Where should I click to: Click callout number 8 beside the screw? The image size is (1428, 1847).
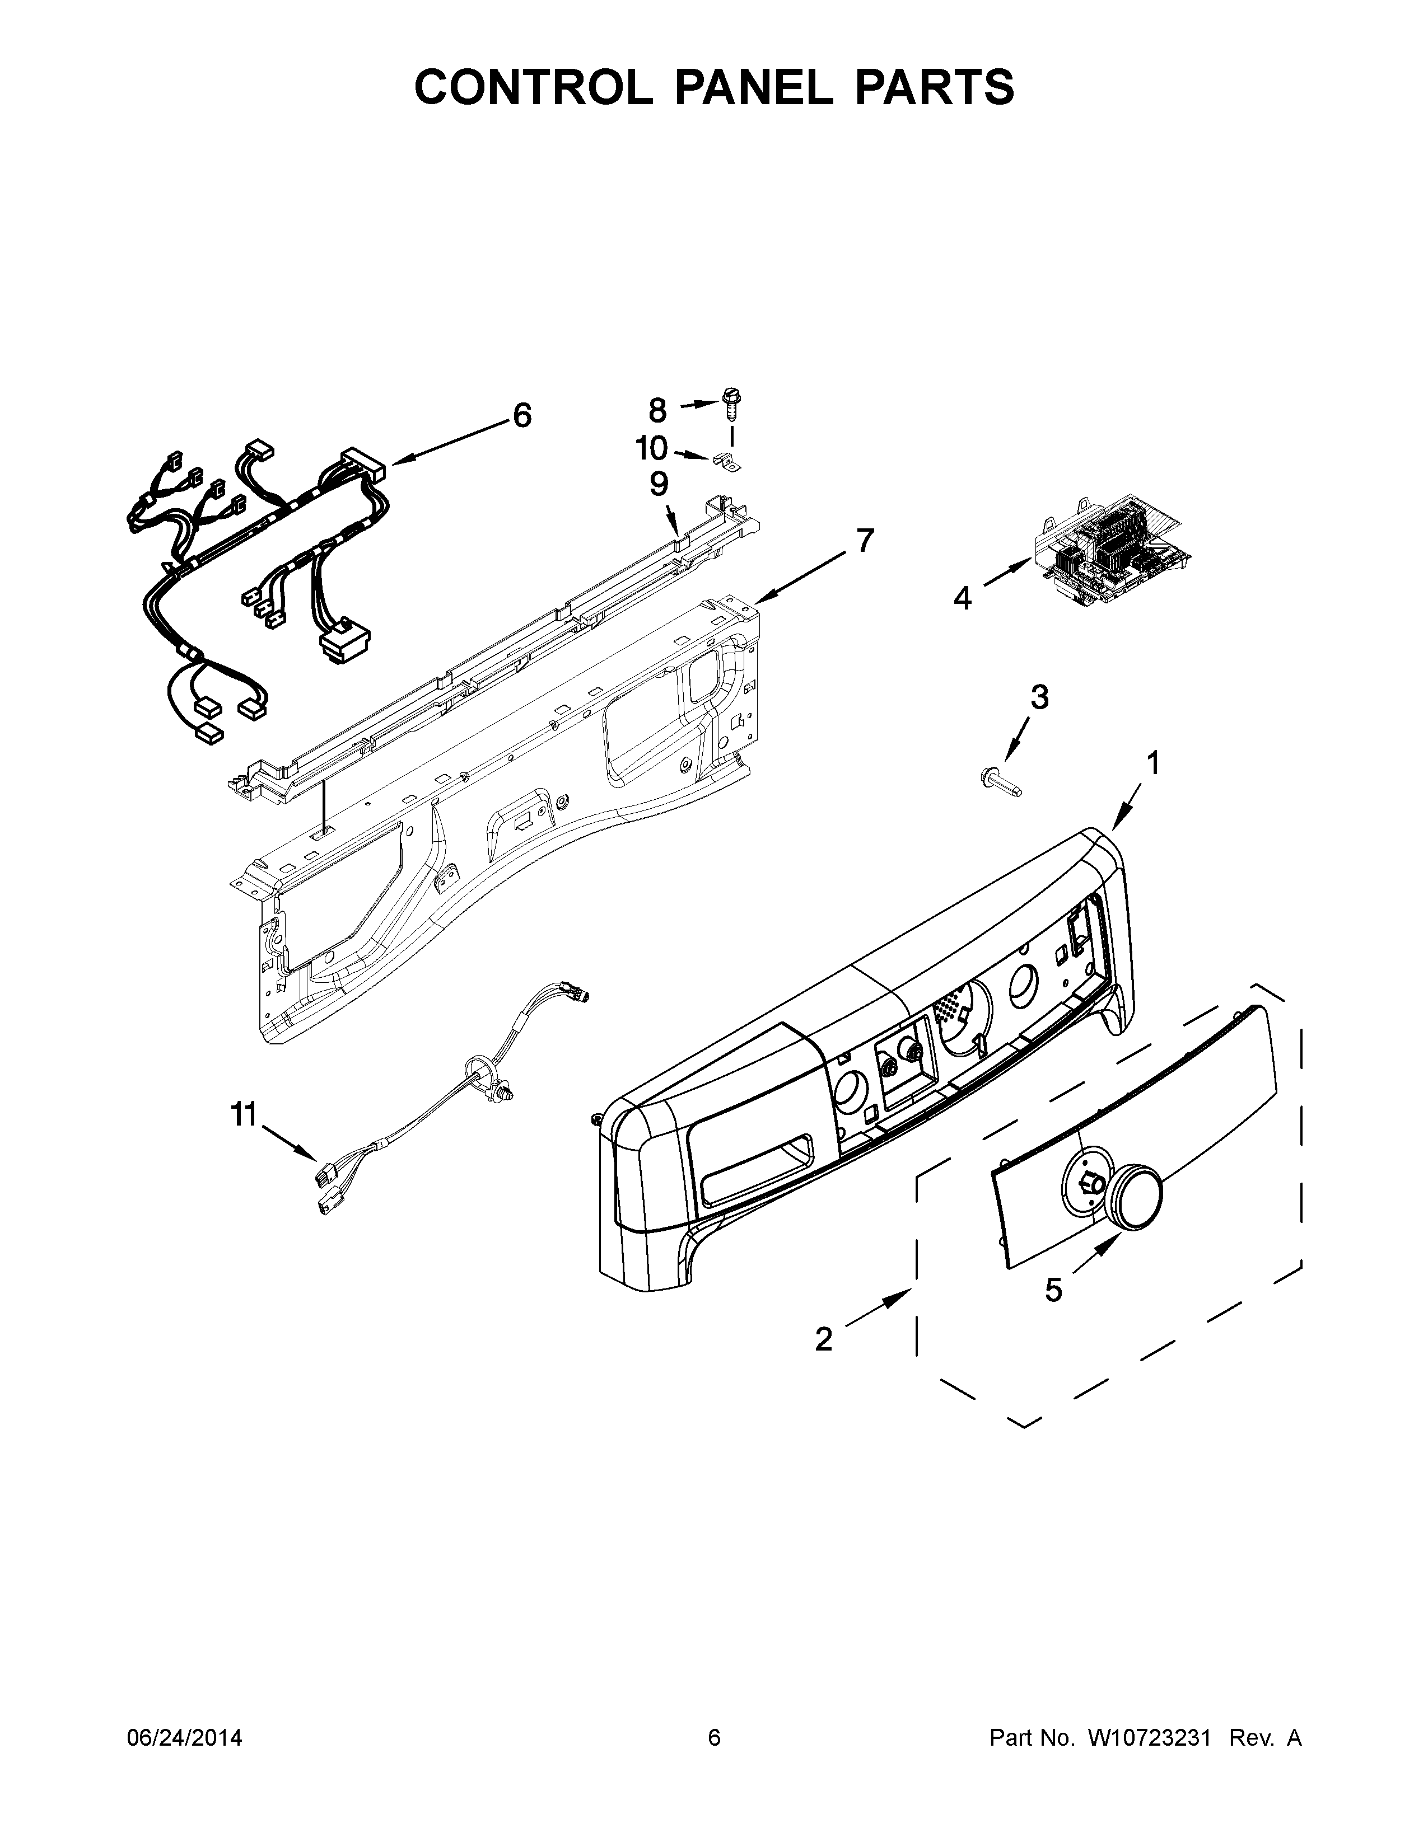[x=657, y=410]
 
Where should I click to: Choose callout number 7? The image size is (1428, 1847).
[x=864, y=541]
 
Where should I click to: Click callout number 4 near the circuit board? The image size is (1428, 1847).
[x=963, y=599]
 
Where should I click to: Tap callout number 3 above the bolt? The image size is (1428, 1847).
[x=1039, y=698]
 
